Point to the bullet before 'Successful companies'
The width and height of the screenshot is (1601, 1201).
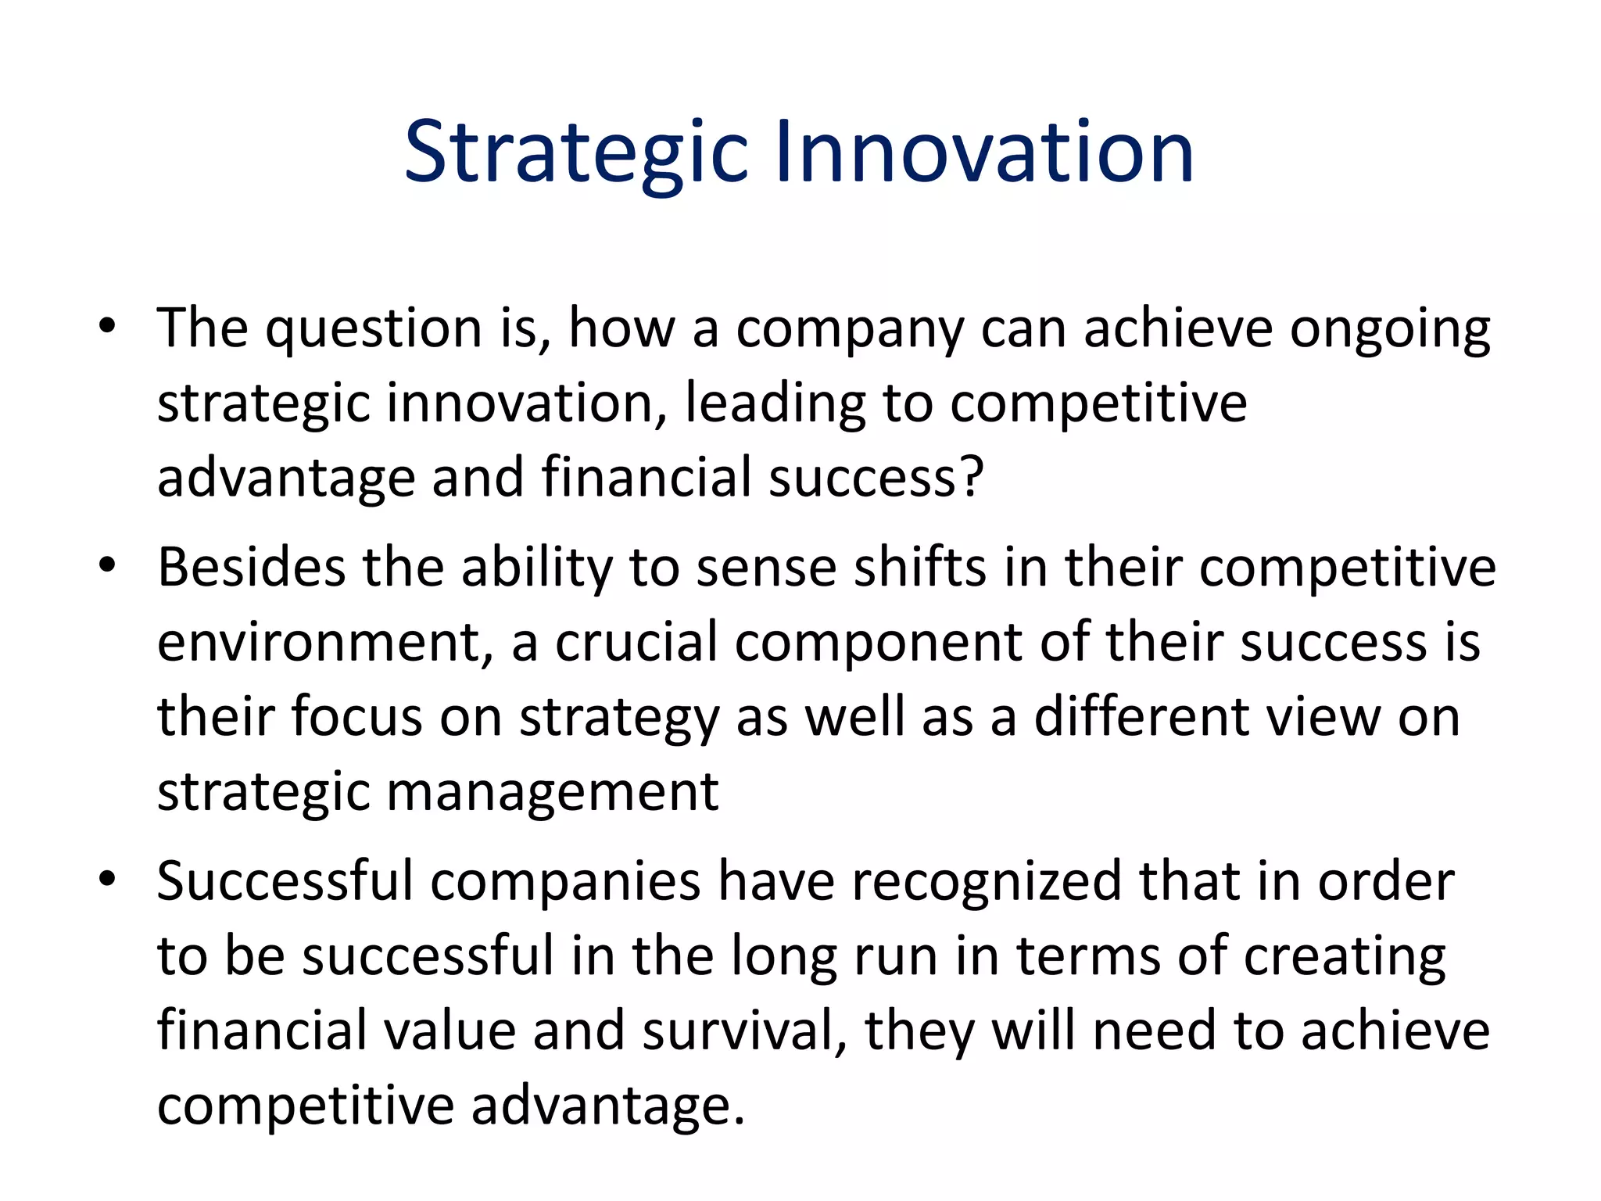(x=108, y=879)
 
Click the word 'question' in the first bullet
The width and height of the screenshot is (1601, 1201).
(x=373, y=330)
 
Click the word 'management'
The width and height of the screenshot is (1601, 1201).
(x=552, y=793)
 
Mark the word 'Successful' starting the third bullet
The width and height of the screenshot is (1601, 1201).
(x=285, y=881)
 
